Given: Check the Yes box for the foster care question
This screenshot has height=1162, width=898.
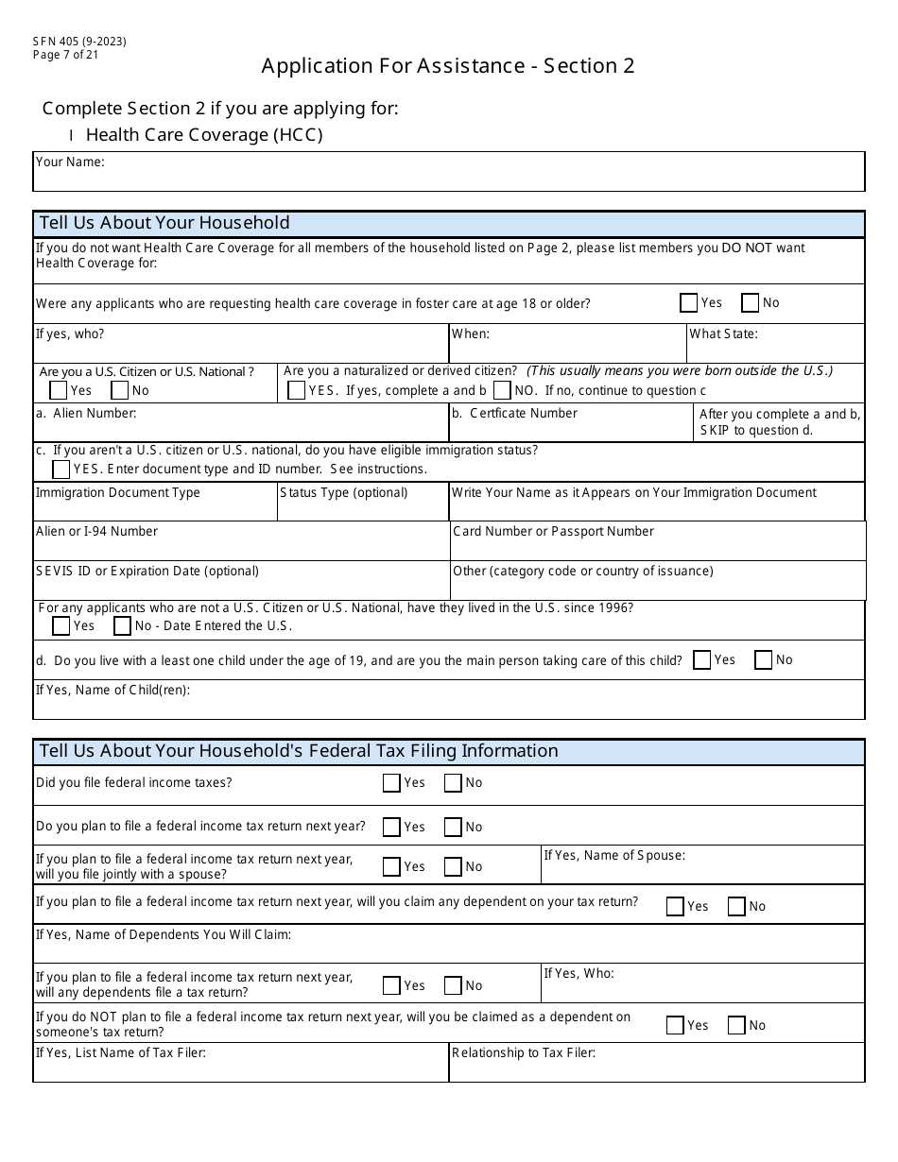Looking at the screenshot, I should [x=689, y=303].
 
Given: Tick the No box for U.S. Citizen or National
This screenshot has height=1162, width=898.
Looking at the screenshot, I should [x=120, y=390].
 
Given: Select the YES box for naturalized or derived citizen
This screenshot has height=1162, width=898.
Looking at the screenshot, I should [x=296, y=390].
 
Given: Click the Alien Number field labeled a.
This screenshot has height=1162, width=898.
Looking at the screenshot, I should [x=241, y=429].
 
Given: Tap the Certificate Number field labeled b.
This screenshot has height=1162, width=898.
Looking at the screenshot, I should [x=571, y=429].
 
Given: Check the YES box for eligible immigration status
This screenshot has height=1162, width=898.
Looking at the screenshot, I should [x=61, y=469].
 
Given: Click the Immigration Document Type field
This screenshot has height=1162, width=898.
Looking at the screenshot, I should [x=155, y=508].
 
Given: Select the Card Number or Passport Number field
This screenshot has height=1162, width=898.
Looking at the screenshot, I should [x=658, y=547].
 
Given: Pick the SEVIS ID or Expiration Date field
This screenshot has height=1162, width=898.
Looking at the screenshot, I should [x=241, y=586].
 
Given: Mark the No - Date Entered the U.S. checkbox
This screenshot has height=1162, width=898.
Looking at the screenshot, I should [x=122, y=625].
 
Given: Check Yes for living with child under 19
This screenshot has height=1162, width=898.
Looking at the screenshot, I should [x=702, y=660].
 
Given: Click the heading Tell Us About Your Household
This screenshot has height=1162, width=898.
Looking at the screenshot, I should [x=164, y=224].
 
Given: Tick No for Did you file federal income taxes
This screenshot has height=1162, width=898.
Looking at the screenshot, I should [x=453, y=782].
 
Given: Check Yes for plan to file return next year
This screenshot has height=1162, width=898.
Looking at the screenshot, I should [x=391, y=827].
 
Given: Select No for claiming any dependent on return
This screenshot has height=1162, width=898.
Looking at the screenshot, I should [x=736, y=906].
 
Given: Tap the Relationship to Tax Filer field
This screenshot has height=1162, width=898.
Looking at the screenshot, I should [x=657, y=1068].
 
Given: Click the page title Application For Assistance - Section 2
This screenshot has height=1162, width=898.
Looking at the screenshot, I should [x=448, y=66].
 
